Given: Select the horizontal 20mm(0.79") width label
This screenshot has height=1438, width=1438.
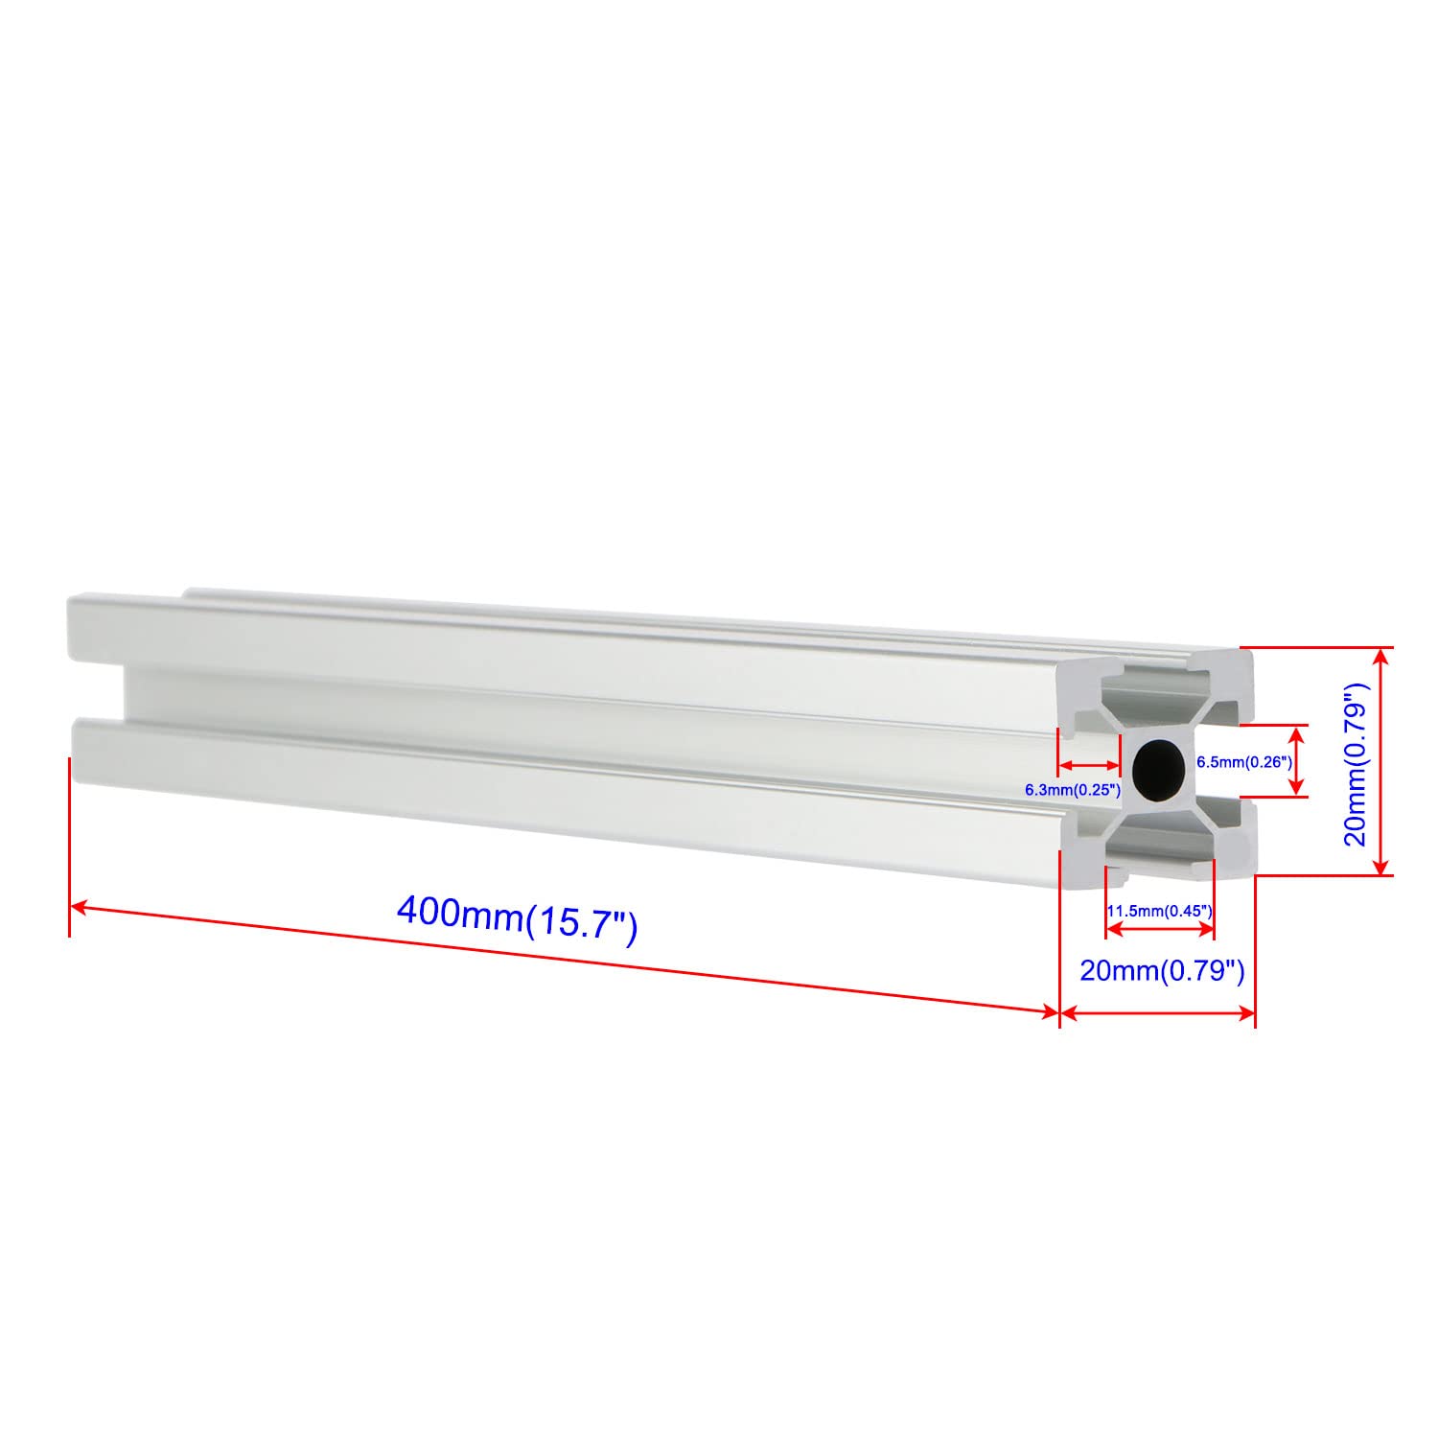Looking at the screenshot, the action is [1162, 971].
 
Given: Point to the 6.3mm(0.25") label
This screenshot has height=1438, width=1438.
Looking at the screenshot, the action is [1073, 791].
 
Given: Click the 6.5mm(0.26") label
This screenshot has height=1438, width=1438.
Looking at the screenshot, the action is [1244, 762].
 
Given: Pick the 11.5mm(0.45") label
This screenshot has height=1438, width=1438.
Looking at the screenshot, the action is [1161, 911].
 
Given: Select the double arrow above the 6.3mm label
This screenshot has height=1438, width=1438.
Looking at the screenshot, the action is [1088, 766].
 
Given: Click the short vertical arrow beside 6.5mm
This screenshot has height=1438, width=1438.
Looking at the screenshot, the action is [1297, 761].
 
